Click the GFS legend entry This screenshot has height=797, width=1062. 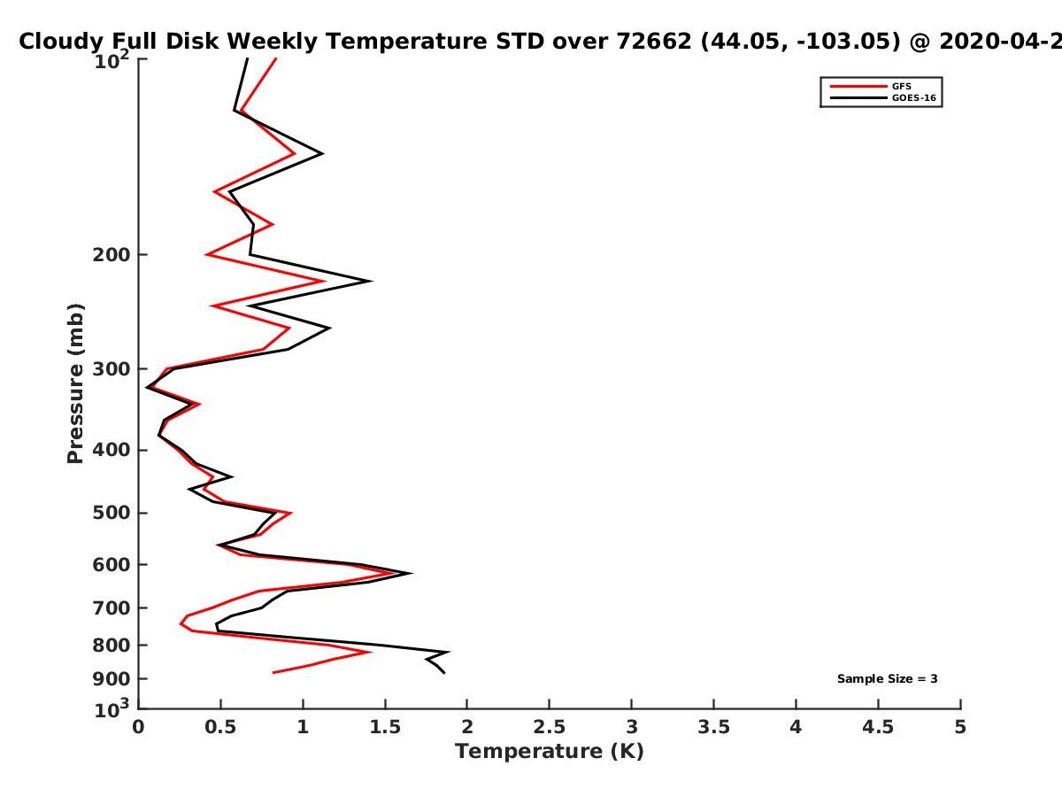click(871, 86)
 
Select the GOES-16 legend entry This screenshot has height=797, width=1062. click(883, 97)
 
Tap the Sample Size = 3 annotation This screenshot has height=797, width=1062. click(888, 679)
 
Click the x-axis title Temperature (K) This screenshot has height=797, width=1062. click(550, 752)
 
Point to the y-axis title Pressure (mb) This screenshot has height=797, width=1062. click(75, 383)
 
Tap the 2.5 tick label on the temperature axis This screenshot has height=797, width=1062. click(550, 727)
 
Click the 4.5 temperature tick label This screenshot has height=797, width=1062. click(878, 727)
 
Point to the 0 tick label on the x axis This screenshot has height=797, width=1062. click(138, 727)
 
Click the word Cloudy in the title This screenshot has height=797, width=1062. click(58, 43)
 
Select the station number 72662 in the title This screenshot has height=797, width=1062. click(654, 42)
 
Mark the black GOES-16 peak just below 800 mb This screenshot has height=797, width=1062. click(449, 652)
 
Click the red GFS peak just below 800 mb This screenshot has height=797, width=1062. click(371, 652)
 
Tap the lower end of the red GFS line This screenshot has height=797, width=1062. click(273, 673)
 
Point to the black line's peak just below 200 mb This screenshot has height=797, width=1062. click(371, 281)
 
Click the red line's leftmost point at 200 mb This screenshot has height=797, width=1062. click(206, 254)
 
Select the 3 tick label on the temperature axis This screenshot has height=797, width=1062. click(631, 727)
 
